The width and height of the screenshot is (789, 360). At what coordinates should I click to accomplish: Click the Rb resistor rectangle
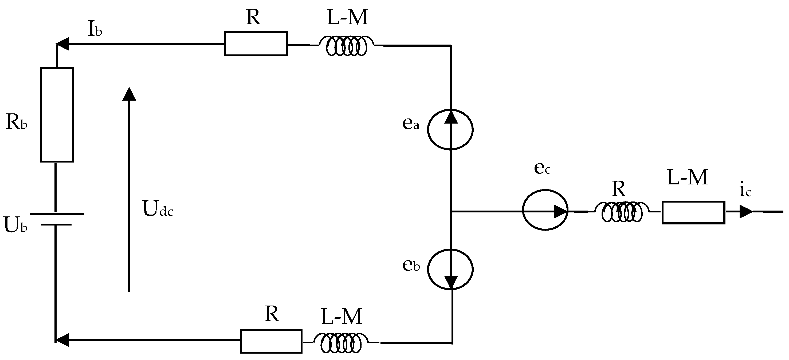pyautogui.click(x=57, y=115)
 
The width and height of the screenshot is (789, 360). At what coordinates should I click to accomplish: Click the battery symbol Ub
pyautogui.click(x=56, y=219)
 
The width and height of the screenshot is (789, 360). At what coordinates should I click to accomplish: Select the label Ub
pyautogui.click(x=15, y=225)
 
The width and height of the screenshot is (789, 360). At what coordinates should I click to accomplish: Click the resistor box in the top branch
pyautogui.click(x=256, y=44)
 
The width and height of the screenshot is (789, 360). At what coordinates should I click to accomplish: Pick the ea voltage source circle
pyautogui.click(x=450, y=129)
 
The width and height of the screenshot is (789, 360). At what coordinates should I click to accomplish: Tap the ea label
pyautogui.click(x=410, y=123)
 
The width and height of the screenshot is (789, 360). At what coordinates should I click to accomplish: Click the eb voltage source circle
pyautogui.click(x=450, y=269)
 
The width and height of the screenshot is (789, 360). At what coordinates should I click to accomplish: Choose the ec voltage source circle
pyautogui.click(x=545, y=210)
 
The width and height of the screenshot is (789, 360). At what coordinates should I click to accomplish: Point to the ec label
pyautogui.click(x=542, y=168)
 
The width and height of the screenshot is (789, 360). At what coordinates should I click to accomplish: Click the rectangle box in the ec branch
pyautogui.click(x=693, y=212)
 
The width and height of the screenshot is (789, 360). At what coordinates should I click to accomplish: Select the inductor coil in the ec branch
pyautogui.click(x=622, y=212)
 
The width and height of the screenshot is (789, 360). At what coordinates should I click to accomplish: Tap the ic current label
pyautogui.click(x=745, y=191)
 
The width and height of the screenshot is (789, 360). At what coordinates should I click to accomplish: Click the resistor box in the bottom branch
pyautogui.click(x=271, y=341)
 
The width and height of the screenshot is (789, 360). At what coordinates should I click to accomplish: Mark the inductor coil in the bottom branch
pyautogui.click(x=341, y=343)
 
